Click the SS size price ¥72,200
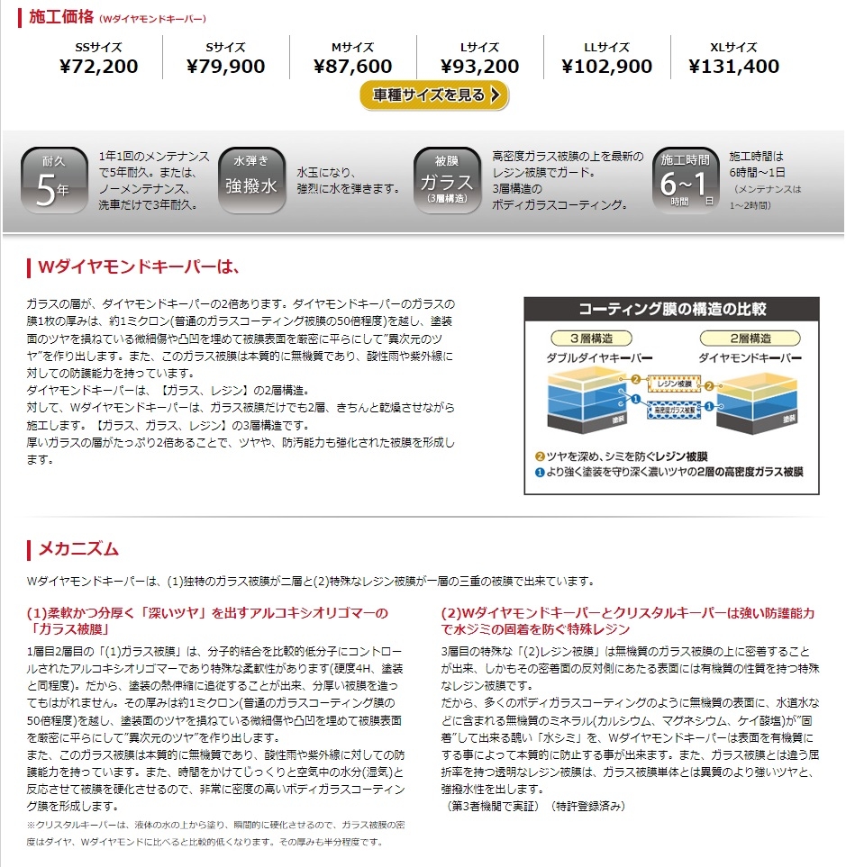coord(99,67)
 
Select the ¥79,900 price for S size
coord(226,67)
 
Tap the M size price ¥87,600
coord(353,67)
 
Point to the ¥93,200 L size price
coord(480,67)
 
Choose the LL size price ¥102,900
coord(606,67)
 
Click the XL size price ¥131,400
coord(733,67)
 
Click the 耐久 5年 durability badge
coord(54,180)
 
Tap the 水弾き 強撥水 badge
coord(251,180)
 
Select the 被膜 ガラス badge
coord(447,180)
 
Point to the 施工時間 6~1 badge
coord(687,180)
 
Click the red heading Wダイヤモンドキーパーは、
coord(138,267)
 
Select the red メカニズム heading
coord(78,549)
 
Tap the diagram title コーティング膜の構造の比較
coord(671,309)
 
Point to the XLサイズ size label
coord(733,47)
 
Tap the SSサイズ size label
coord(99,47)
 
